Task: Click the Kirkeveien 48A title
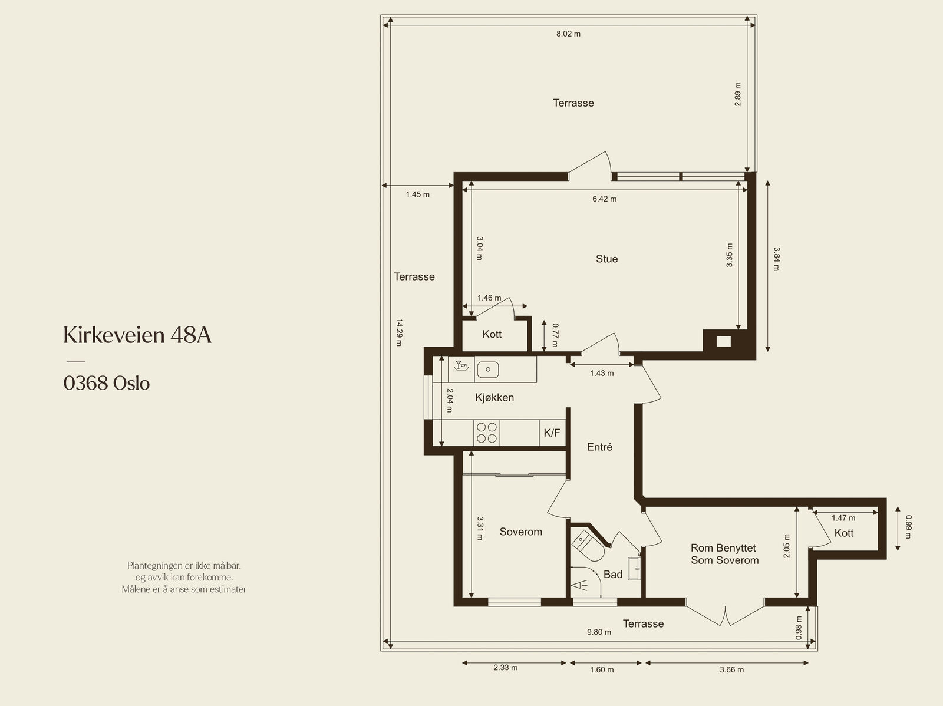pos(137,335)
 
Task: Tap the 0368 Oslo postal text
pos(107,383)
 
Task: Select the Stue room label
pos(606,259)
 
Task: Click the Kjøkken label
pos(494,398)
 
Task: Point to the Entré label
pos(599,447)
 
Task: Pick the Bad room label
pos(612,574)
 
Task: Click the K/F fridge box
pos(552,433)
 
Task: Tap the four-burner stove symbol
pos(487,433)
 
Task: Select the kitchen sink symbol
pos(488,370)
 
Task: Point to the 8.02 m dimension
pos(568,34)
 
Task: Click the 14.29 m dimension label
pos(399,332)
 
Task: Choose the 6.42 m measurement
pos(605,199)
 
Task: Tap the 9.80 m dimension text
pos(599,632)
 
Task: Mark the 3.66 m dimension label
pos(731,669)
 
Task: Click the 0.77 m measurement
pos(555,335)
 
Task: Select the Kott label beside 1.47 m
pos(844,533)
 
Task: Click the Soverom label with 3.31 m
pos(520,532)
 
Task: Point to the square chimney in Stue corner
pos(724,342)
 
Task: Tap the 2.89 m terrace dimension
pos(738,94)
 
